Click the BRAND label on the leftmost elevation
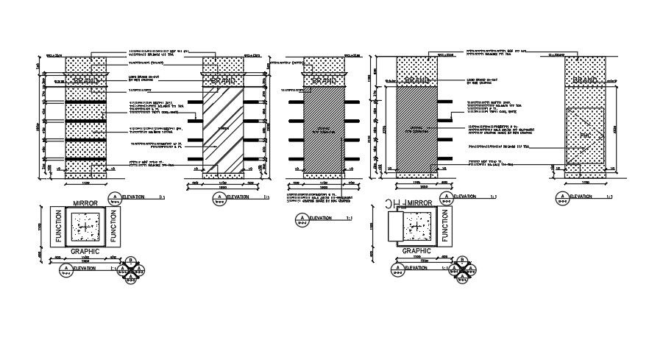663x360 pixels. [x=87, y=80]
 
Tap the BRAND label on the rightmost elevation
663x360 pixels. [x=586, y=80]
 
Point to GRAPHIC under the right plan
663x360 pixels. [x=416, y=251]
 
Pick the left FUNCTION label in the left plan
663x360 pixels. [x=59, y=227]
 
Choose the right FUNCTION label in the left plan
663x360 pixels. [x=114, y=227]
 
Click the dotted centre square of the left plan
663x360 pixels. [x=87, y=227]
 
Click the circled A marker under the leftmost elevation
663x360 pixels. [x=115, y=197]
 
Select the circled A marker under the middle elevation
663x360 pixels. [x=301, y=219]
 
